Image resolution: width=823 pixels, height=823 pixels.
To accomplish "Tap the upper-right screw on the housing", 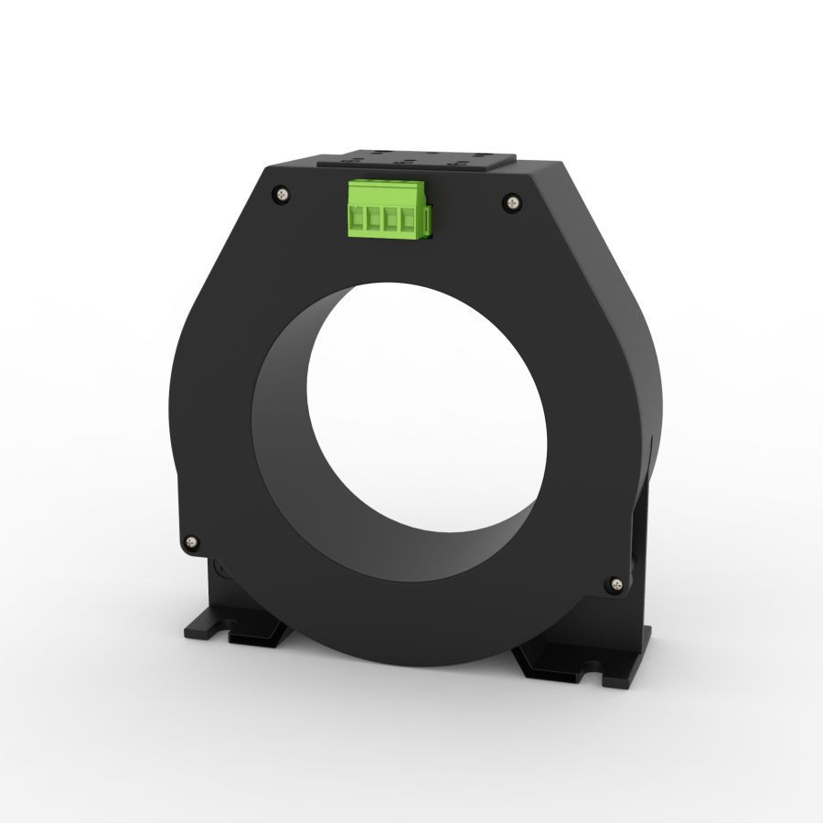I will (x=512, y=199).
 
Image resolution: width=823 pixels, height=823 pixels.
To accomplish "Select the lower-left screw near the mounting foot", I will (x=191, y=541).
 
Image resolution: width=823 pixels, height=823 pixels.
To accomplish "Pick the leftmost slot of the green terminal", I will (x=358, y=220).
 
